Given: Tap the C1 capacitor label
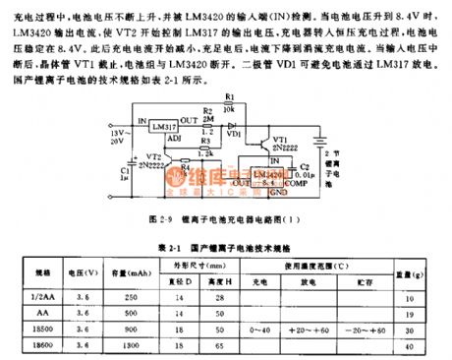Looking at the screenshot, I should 106,173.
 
